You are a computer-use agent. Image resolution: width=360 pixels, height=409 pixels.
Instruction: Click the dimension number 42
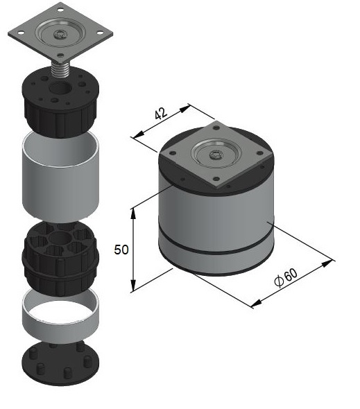[x=160, y=114]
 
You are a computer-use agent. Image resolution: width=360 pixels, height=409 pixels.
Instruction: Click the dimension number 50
[x=121, y=250]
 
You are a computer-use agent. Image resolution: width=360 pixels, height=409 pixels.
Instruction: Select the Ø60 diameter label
[x=286, y=277]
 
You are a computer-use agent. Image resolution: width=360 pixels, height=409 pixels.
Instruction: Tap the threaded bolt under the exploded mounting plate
[x=60, y=69]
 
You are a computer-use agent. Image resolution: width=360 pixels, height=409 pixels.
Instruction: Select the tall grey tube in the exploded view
[x=60, y=177]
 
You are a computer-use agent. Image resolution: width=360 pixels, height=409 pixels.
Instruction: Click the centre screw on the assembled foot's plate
[x=216, y=155]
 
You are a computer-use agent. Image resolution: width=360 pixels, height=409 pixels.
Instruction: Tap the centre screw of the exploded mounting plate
[x=60, y=34]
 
